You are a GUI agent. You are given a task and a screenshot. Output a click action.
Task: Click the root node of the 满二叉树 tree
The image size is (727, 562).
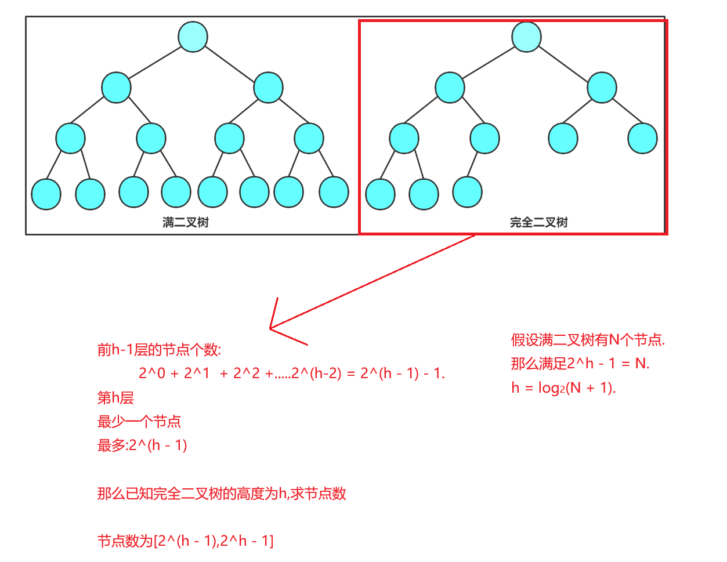pyautogui.click(x=193, y=37)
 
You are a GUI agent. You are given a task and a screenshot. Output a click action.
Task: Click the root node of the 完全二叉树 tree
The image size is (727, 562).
pyautogui.click(x=526, y=37)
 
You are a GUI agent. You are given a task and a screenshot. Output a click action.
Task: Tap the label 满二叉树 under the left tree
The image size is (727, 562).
pyautogui.click(x=186, y=222)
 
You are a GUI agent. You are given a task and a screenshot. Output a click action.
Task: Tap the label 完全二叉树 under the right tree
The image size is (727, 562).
pyautogui.click(x=538, y=222)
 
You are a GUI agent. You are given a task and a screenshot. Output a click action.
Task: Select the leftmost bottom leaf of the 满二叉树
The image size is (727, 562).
pyautogui.click(x=46, y=194)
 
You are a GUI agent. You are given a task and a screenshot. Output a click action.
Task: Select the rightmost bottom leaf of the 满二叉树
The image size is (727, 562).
pyautogui.click(x=334, y=192)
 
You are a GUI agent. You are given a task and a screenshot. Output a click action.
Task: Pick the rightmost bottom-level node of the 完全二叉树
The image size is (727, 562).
pyautogui.click(x=467, y=192)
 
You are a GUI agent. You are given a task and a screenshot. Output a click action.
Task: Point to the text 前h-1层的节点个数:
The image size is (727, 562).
pyautogui.click(x=159, y=350)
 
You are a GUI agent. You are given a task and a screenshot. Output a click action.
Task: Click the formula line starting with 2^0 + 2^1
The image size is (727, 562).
pyautogui.click(x=291, y=373)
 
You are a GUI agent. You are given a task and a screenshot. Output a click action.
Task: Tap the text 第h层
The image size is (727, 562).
pyautogui.click(x=115, y=398)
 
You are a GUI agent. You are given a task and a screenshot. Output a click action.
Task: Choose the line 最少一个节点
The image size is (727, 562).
pyautogui.click(x=139, y=422)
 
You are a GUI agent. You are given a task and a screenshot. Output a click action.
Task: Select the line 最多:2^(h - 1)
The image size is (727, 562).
pyautogui.click(x=142, y=445)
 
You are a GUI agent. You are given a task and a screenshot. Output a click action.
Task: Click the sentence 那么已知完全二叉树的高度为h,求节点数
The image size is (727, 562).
pyautogui.click(x=222, y=494)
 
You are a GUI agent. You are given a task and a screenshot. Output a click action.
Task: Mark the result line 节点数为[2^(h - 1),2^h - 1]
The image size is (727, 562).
pyautogui.click(x=185, y=541)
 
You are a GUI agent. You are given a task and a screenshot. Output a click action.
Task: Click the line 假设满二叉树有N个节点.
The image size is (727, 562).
pyautogui.click(x=588, y=340)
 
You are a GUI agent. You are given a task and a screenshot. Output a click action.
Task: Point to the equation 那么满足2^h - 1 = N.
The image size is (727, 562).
pyautogui.click(x=580, y=364)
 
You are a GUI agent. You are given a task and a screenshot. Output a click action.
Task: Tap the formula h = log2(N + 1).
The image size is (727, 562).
pyautogui.click(x=563, y=387)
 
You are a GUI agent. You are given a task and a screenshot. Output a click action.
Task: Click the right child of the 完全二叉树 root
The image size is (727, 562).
pyautogui.click(x=602, y=88)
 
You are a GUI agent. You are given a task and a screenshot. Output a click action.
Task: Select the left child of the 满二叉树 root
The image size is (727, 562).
pyautogui.click(x=116, y=88)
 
